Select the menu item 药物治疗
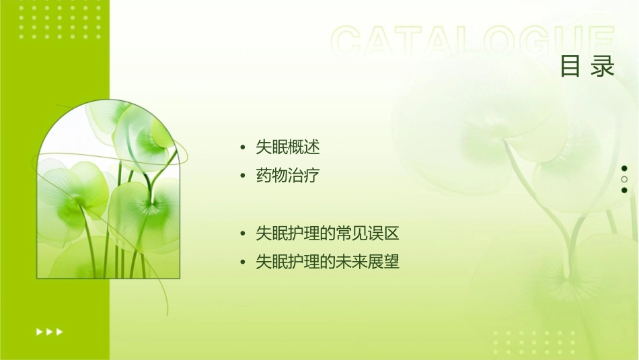[x=287, y=176]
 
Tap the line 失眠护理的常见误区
[x=328, y=233]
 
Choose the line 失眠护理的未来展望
[x=328, y=262]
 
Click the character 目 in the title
[x=570, y=67]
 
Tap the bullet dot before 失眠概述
[x=243, y=147]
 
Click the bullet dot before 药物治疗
[x=243, y=177]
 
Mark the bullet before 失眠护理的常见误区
[x=243, y=234]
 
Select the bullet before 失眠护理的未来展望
[x=243, y=262]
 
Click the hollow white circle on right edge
[x=624, y=179]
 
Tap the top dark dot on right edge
[x=624, y=168]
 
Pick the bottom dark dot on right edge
[x=624, y=190]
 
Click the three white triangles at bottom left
[x=49, y=332]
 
